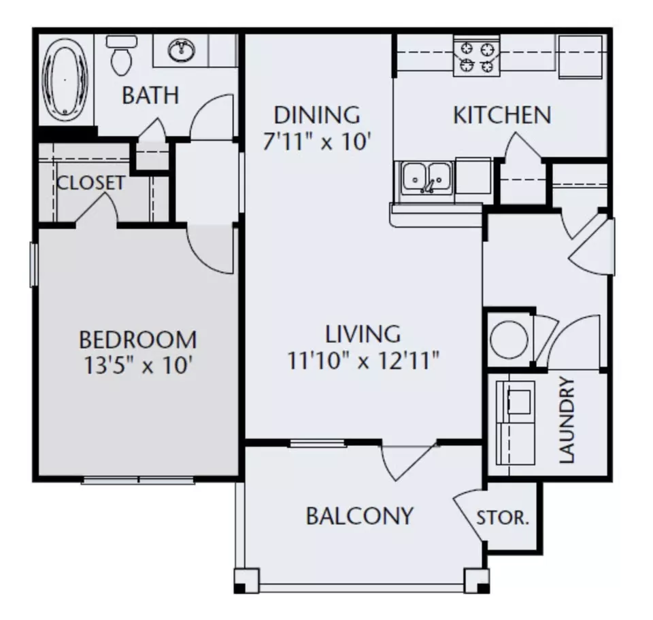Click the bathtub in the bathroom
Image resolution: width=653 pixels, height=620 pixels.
[65, 79]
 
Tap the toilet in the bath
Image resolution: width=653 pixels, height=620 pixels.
[122, 55]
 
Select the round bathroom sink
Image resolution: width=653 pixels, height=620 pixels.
[181, 50]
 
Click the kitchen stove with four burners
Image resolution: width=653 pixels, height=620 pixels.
[476, 56]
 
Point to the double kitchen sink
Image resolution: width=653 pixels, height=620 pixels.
[426, 178]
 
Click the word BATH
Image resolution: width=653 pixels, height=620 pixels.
[150, 95]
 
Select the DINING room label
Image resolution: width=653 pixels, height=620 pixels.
[317, 115]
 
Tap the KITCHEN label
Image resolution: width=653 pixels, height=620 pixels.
[502, 115]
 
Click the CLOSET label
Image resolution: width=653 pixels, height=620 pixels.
[90, 183]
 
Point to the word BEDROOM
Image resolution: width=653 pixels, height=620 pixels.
[138, 339]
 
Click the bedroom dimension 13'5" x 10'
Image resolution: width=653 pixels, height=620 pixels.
[138, 366]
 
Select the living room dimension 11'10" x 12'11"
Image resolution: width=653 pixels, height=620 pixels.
[363, 360]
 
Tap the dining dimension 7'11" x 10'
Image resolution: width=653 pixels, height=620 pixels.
[316, 141]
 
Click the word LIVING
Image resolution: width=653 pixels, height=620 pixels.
[363, 334]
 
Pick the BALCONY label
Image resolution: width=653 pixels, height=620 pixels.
[360, 516]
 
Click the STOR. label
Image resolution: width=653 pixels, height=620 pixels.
[502, 518]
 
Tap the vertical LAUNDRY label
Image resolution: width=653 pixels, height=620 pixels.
[567, 420]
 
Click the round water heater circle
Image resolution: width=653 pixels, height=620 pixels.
[509, 339]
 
